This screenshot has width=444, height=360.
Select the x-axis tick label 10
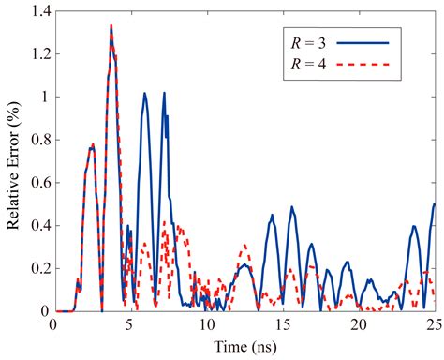pos(205,324)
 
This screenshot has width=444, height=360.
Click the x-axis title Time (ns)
pos(244,347)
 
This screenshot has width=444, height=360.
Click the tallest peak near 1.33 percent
pos(111,26)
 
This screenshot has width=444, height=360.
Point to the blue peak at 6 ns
pos(145,94)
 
